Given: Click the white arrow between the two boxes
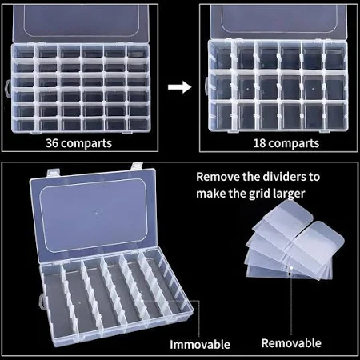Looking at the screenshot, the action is [180, 87].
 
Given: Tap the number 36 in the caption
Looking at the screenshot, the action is [52, 143].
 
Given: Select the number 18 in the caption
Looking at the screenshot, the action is [259, 143].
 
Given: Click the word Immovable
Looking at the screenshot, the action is [200, 344].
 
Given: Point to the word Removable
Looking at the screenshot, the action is [291, 343].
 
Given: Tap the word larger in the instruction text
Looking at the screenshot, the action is [289, 194].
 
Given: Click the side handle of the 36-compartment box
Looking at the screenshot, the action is [8, 88].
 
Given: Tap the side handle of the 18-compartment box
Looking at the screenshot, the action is [206, 86].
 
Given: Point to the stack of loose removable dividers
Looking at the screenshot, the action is [294, 241].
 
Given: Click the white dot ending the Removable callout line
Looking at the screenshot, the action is [291, 268].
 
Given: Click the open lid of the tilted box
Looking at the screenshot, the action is [93, 214].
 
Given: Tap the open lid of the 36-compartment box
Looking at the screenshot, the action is [81, 23].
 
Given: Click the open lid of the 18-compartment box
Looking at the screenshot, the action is [279, 22].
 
